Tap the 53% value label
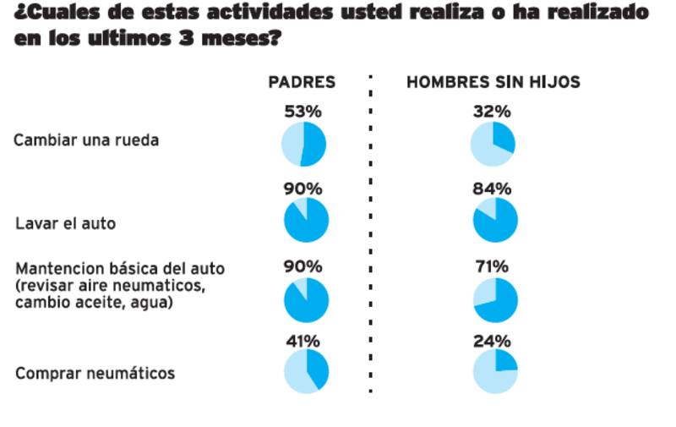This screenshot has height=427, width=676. coord(303,111)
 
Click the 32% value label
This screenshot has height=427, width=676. coord(493,111)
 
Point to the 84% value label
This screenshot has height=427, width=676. coord(493,187)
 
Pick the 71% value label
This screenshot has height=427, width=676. coord(493,266)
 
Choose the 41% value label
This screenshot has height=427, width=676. coord(303,341)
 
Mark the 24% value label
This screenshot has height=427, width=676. coord(493,341)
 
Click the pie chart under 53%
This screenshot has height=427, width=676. coord(303,144)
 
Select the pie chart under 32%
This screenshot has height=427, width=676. coord(493,144)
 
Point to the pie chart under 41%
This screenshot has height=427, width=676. coord(306,371)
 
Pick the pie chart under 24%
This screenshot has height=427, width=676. coord(495,371)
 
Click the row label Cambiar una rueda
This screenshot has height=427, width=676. coord(86,140)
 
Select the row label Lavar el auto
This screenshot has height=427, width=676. coord(66,224)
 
